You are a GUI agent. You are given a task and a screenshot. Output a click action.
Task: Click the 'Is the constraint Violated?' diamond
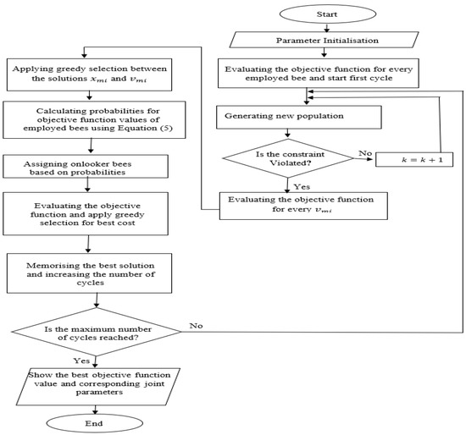[x=290, y=157]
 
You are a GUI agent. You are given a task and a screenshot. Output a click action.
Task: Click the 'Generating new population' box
[x=290, y=115]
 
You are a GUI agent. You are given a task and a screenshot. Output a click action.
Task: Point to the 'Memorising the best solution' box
[x=90, y=271]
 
